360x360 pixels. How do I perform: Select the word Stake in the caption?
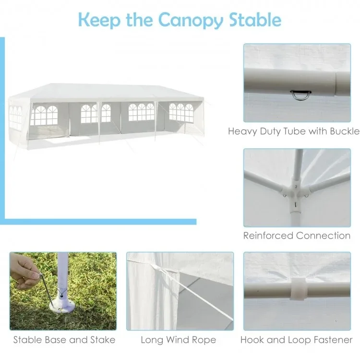click(x=102, y=340)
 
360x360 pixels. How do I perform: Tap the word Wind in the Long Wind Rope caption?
click(x=178, y=340)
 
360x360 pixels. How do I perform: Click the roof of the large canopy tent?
click(x=96, y=91)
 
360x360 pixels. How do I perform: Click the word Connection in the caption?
click(x=324, y=236)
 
